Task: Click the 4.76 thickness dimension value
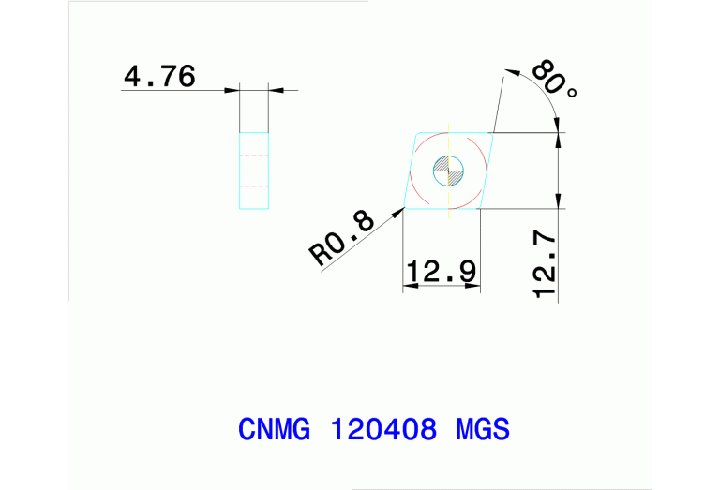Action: pos(159,76)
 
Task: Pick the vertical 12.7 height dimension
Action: pos(545,267)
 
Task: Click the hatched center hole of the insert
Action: pos(448,171)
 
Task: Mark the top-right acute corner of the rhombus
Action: pos(494,132)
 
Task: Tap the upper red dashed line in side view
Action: pos(255,156)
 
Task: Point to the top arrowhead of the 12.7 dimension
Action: pos(560,135)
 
